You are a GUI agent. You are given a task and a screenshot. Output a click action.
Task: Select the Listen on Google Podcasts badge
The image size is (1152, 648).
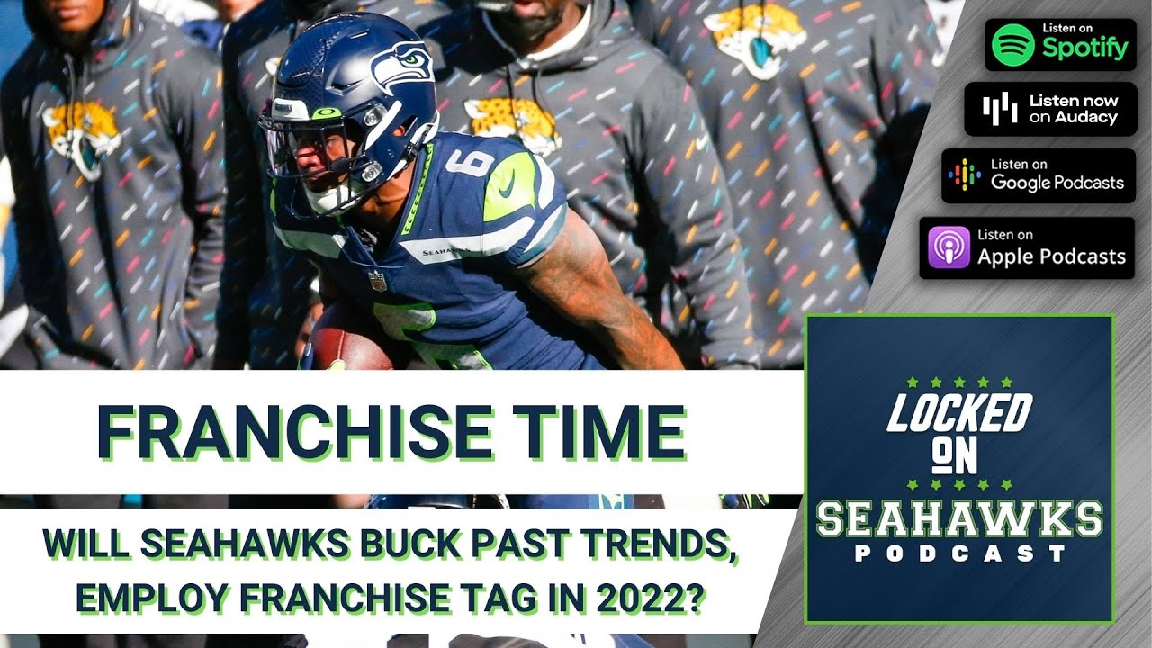(1038, 175)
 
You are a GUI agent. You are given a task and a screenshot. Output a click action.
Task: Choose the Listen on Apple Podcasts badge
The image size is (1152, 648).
(1027, 247)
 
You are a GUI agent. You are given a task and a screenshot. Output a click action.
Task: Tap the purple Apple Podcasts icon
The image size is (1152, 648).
(949, 248)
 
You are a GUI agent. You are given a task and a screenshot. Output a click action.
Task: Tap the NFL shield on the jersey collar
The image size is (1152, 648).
(376, 281)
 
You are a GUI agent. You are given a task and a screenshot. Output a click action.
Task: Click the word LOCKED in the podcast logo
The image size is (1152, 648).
(959, 411)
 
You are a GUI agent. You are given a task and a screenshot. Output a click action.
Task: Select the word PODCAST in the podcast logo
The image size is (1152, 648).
(959, 553)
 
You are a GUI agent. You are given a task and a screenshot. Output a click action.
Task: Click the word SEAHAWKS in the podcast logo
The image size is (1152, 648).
(959, 518)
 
